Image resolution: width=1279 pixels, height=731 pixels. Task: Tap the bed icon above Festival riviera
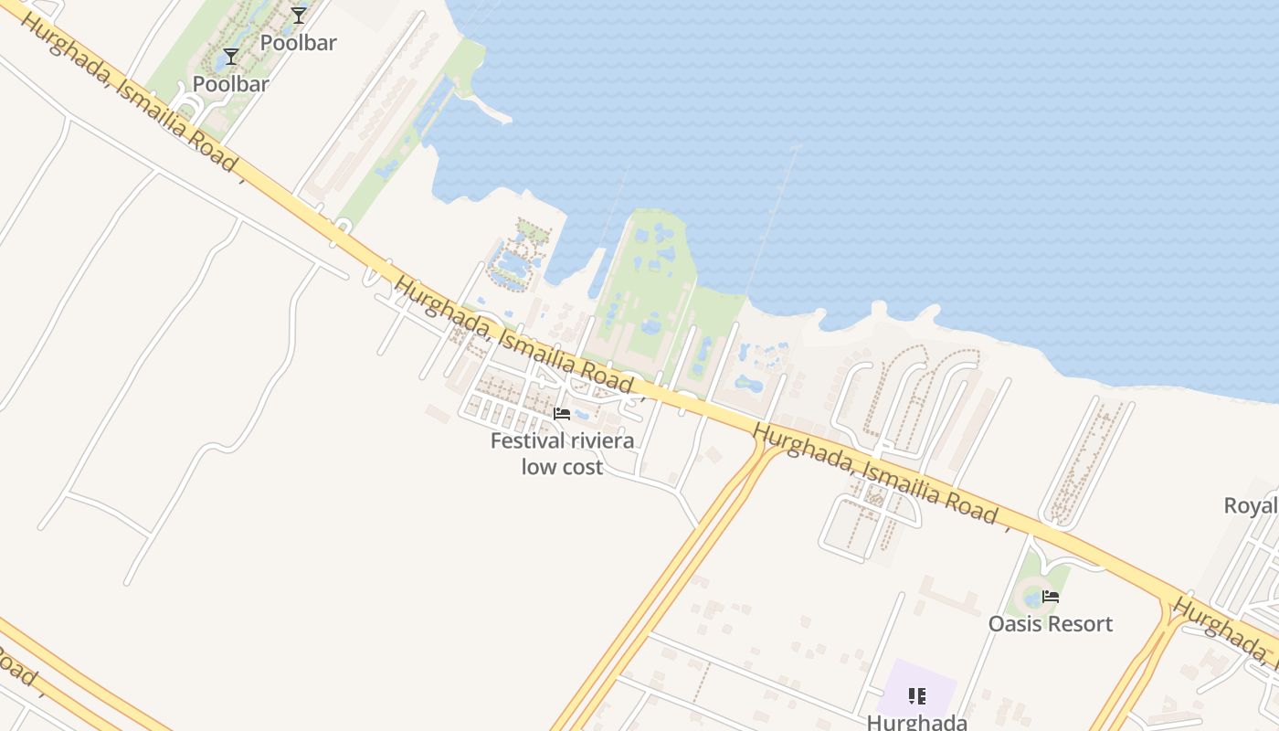tap(562, 414)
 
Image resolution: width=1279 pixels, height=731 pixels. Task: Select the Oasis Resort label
tap(1051, 624)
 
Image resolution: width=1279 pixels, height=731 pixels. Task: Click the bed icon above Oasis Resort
tap(1051, 597)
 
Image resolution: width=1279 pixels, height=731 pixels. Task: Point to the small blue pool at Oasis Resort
tap(1032, 599)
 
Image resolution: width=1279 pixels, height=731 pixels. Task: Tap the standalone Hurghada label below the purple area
tap(916, 722)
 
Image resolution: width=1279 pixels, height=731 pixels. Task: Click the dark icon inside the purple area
tap(917, 697)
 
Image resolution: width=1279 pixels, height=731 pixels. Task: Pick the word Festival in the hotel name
tap(527, 441)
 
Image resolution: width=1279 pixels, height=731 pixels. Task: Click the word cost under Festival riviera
tap(581, 467)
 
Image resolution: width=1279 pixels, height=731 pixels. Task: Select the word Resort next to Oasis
tap(1082, 624)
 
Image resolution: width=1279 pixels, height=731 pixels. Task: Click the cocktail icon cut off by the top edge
tap(299, 15)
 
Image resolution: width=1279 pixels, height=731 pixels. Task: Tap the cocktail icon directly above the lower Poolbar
tap(231, 57)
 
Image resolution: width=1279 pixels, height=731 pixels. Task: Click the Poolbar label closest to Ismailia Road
tap(231, 84)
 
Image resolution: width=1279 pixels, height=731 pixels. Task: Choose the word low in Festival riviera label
tap(536, 467)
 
